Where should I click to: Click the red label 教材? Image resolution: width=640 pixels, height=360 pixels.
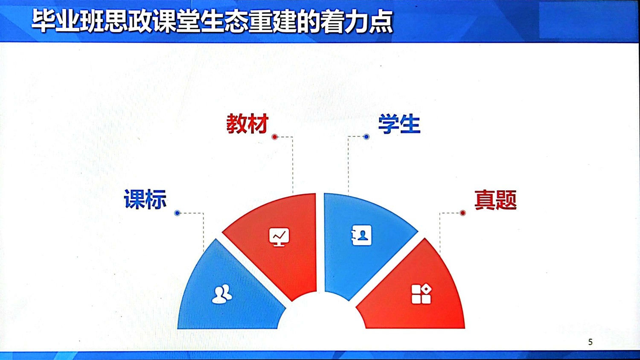click(247, 124)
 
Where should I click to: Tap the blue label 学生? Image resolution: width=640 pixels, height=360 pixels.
click(399, 124)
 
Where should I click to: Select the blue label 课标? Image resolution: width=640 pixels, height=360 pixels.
click(145, 199)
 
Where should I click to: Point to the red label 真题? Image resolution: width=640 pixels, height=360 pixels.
click(495, 200)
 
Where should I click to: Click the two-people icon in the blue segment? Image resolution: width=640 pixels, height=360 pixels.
click(222, 294)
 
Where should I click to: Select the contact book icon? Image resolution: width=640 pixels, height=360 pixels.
click(361, 235)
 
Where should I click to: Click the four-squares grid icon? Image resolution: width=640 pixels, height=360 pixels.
click(421, 294)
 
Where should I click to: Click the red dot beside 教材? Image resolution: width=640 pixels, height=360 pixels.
click(275, 137)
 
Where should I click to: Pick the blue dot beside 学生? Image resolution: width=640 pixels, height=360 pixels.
click(367, 137)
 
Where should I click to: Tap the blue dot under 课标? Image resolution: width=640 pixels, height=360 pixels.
click(177, 213)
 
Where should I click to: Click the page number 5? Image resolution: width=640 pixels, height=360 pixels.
click(591, 342)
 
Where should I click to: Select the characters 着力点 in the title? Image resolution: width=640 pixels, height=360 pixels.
click(357, 21)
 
